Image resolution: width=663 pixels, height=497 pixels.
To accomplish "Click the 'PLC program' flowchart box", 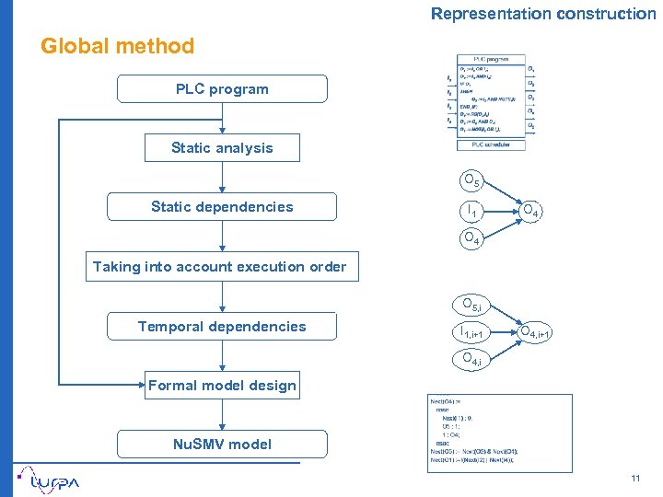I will point(222,89).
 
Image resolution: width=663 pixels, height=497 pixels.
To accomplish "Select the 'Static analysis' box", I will point(222,148).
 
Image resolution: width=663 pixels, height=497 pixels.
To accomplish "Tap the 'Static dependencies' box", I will point(222,207).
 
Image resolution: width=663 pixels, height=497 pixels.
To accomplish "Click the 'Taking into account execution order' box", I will point(220,267).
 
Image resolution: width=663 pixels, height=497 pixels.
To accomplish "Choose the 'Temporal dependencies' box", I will point(222,327).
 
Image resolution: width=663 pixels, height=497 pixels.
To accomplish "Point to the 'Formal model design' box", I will point(222,386).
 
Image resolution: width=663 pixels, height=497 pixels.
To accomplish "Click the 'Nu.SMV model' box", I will point(222,445).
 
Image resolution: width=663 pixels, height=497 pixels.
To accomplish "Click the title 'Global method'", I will point(118,46).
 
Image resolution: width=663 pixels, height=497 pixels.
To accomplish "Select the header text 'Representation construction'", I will point(543,14).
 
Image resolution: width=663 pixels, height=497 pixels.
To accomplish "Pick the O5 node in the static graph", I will point(471,181).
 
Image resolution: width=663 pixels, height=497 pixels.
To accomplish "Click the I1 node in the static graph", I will point(471,212).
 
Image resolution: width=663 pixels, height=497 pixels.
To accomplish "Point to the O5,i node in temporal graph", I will point(472,305).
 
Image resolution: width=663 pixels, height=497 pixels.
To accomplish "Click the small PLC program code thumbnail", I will point(491,100).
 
